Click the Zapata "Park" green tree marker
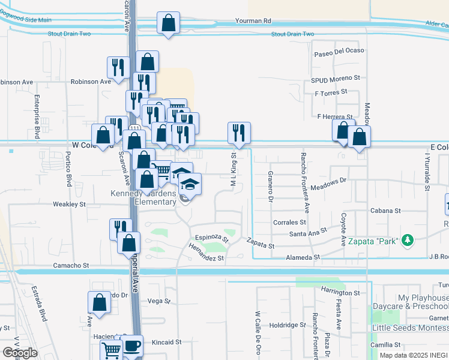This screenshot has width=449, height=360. pos(408,240)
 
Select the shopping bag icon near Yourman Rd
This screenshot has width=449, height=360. pos(168,24)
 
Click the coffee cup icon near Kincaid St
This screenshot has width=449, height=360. pos(132,346)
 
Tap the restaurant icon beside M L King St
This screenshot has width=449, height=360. pos(239,133)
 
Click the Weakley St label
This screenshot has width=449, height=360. pos(70,205)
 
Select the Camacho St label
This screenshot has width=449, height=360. pos(70,265)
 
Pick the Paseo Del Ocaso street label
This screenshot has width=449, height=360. pos(340,50)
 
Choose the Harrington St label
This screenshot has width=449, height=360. pos(340,293)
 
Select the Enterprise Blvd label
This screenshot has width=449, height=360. pos(37,116)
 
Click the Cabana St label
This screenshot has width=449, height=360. pos(385,211)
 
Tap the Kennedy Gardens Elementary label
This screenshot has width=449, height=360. pos(143,197)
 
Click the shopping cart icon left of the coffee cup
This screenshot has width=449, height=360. pos(111,350)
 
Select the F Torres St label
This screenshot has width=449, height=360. pos(331,92)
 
